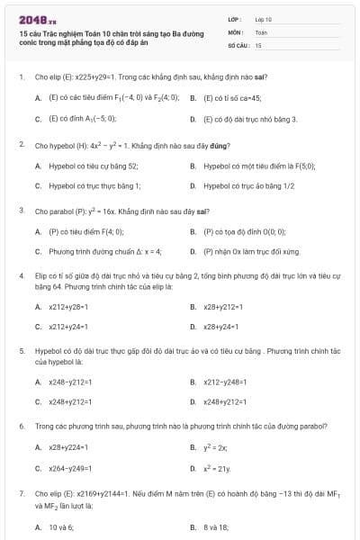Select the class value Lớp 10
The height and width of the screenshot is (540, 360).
(x=263, y=18)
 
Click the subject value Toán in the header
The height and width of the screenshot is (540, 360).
(x=261, y=31)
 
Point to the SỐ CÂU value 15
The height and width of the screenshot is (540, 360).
(x=258, y=43)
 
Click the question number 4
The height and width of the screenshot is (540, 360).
(x=21, y=274)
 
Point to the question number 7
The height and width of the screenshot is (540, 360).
(x=21, y=493)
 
